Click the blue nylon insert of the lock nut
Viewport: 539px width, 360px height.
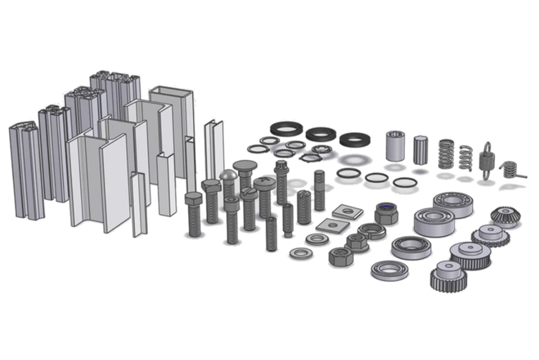(385, 207)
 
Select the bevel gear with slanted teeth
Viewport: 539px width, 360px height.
(502, 215)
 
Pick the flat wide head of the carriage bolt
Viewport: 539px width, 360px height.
(245, 165)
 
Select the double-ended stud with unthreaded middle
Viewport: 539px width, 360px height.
(319, 190)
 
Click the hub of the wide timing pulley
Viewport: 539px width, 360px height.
(470, 248)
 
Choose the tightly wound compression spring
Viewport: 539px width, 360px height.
(446, 154)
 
